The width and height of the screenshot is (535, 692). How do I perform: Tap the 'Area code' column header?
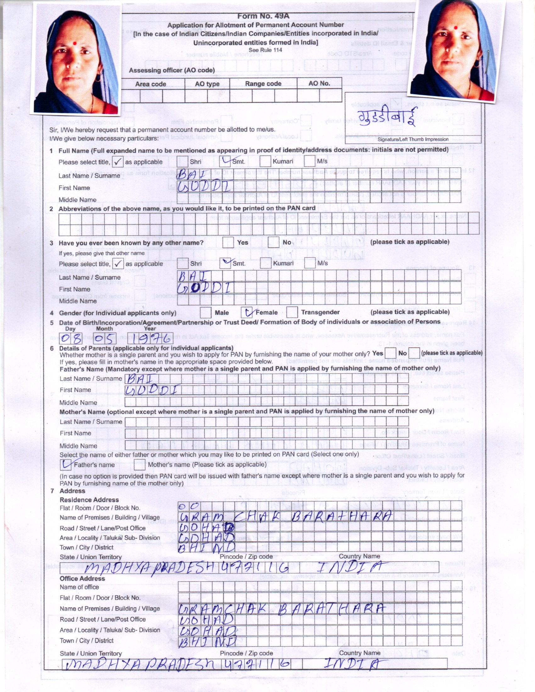150,84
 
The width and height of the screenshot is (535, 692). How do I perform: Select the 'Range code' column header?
263,84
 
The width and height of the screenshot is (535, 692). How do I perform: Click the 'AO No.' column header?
319,83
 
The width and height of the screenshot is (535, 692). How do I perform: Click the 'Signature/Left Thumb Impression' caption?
413,139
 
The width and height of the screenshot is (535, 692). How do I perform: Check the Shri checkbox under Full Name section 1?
183,161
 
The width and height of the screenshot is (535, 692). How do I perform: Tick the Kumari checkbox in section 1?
265,161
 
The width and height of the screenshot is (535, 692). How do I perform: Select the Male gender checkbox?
206,312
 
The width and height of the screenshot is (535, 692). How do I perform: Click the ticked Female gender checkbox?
247,312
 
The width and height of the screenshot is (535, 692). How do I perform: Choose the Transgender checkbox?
292,312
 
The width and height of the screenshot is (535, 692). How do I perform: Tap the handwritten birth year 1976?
150,339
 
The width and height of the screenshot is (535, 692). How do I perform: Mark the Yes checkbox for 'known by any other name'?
228,243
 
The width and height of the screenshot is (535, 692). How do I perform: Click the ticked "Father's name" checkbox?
65,465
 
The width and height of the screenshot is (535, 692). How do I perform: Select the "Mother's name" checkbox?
139,465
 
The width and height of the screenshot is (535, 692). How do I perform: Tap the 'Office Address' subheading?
82,578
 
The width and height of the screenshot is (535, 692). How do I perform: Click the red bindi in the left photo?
75,43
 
